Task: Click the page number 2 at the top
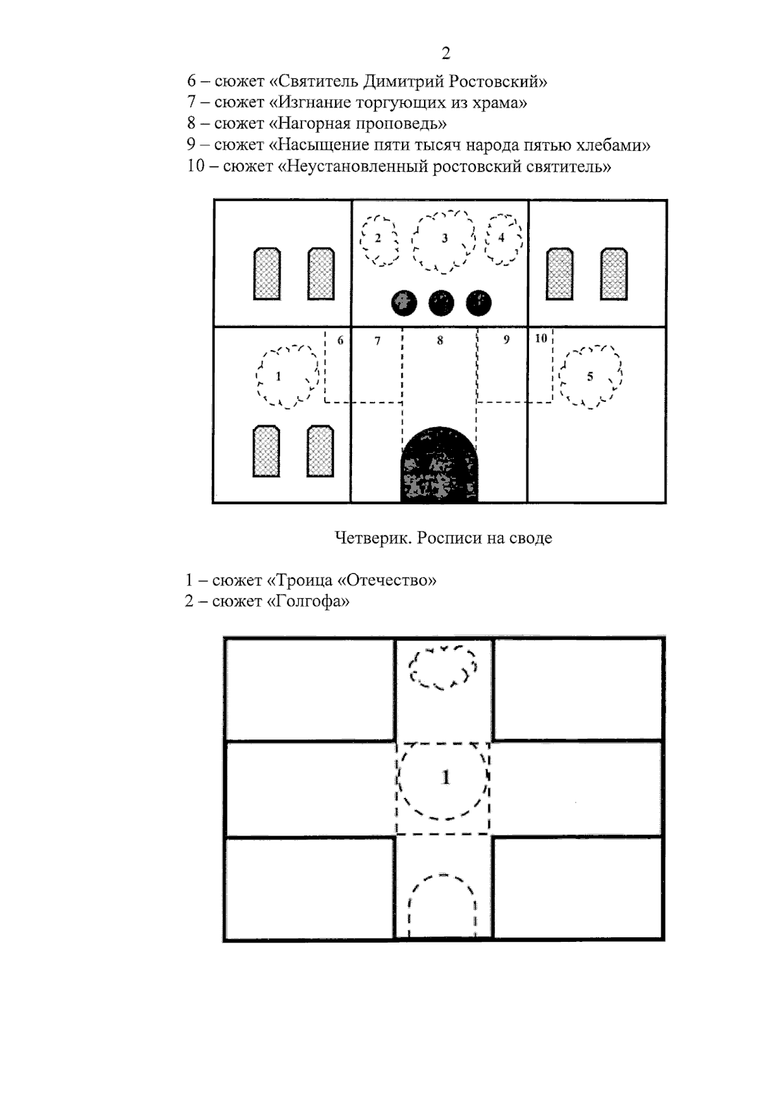point(445,53)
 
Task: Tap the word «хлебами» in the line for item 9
point(613,145)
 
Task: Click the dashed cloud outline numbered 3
point(444,242)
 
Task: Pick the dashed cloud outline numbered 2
point(379,240)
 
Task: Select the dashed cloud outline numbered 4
point(504,240)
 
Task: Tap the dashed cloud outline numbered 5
point(591,377)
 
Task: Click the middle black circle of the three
point(441,303)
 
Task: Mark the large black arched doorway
point(439,465)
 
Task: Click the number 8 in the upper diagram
point(440,340)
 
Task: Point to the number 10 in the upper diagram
point(541,338)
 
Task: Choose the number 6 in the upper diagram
point(340,340)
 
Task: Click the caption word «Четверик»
point(373,538)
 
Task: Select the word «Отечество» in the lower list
point(387,580)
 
